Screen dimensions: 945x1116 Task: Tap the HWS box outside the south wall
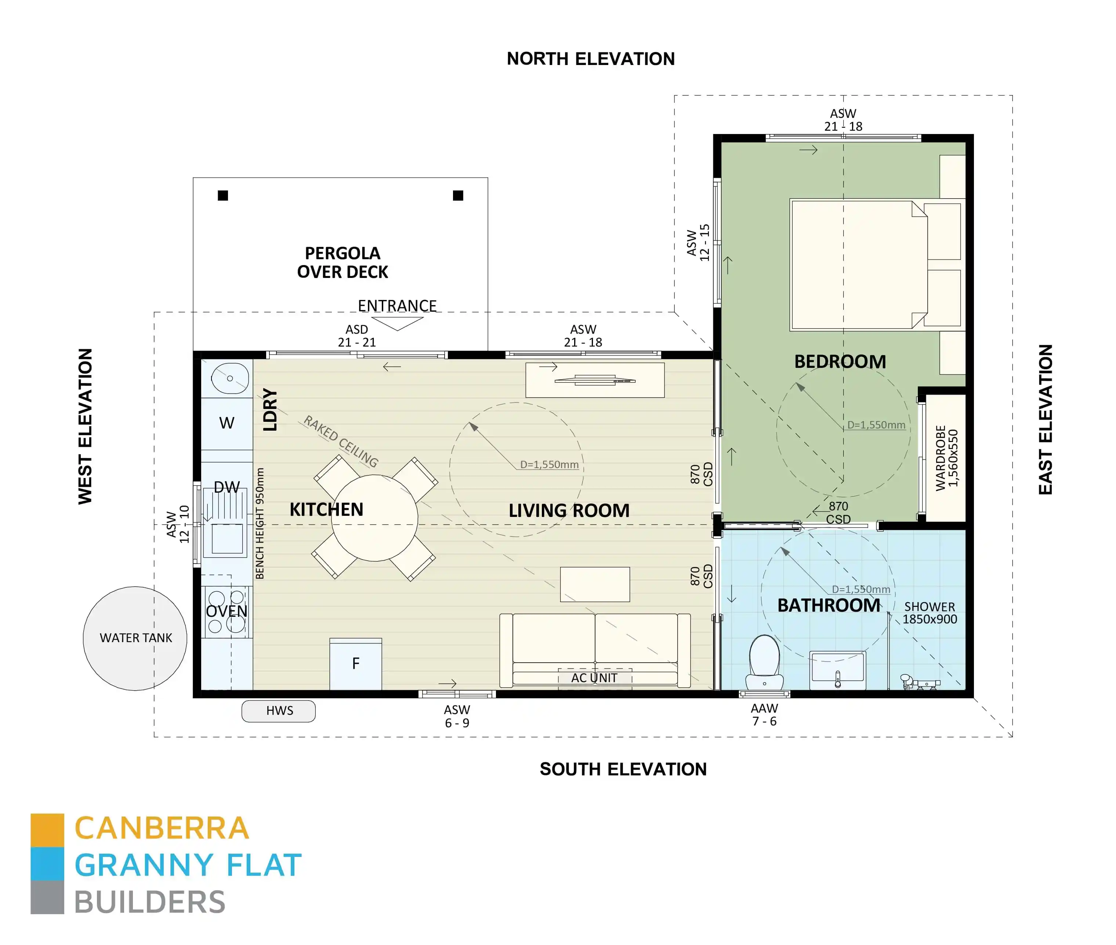coord(279,710)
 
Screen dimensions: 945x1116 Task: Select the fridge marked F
coord(355,664)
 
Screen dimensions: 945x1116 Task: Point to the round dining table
coord(374,518)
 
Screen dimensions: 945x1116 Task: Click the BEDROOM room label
coord(840,362)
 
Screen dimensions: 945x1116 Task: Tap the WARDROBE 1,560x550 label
coord(946,457)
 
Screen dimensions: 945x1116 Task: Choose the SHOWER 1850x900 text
coord(930,613)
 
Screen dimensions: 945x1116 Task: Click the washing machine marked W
coord(227,423)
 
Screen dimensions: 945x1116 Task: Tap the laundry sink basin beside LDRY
coord(230,378)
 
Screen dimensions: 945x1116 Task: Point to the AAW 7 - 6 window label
coord(764,715)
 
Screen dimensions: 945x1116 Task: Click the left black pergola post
coord(223,196)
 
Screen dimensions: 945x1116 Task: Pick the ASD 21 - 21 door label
coord(357,336)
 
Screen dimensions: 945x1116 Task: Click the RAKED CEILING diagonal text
coord(341,441)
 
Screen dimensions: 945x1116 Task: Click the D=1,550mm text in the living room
coord(549,464)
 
